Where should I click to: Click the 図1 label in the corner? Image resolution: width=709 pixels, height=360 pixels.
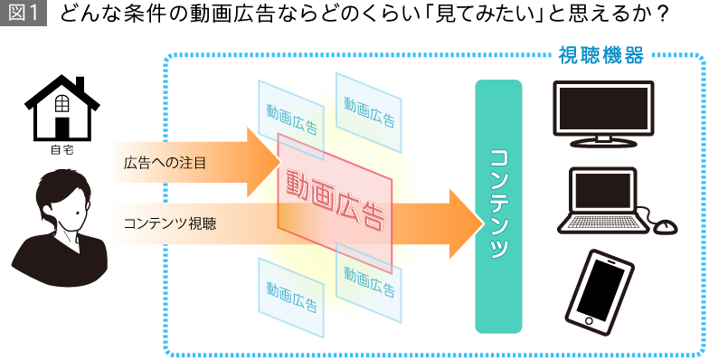[23, 14]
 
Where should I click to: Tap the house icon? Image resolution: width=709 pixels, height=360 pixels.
[61, 112]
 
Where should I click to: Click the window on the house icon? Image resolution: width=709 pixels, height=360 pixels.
[61, 102]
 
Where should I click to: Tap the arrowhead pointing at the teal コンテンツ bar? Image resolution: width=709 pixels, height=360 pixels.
[466, 223]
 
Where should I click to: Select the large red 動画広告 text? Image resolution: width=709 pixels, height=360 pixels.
[335, 198]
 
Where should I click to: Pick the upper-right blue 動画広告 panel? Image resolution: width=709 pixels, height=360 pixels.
[369, 111]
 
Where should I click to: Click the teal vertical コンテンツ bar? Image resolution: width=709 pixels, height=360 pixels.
[498, 206]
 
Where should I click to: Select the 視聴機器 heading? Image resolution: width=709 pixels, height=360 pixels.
[601, 56]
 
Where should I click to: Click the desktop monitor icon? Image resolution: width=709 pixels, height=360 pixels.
[602, 113]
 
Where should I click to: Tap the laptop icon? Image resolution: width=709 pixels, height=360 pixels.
[602, 200]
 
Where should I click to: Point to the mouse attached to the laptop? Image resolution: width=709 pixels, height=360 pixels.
[665, 227]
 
